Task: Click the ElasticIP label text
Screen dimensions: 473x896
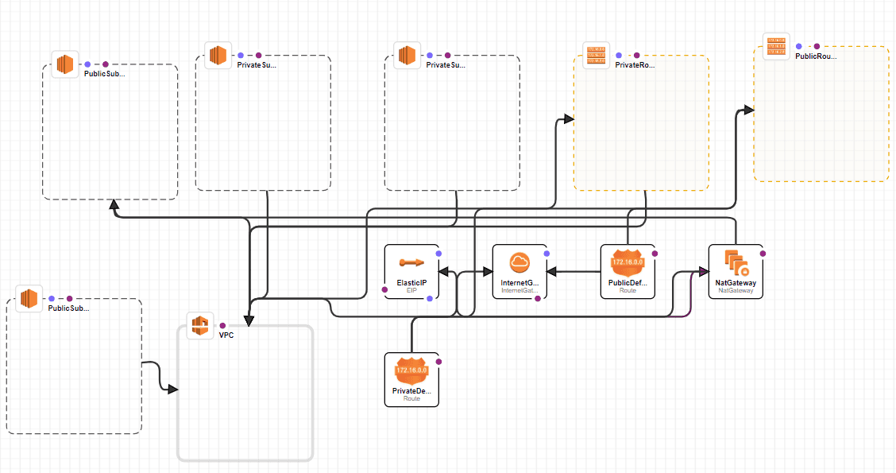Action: pyautogui.click(x=411, y=282)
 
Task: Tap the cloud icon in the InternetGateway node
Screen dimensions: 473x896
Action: pyautogui.click(x=519, y=262)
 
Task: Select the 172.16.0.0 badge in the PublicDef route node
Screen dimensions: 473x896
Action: pyautogui.click(x=628, y=262)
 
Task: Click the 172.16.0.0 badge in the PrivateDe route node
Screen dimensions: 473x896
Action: pyautogui.click(x=411, y=370)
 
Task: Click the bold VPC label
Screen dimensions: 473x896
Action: pyautogui.click(x=227, y=335)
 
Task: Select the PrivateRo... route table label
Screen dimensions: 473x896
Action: pyautogui.click(x=635, y=65)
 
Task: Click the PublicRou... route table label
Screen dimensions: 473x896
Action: pyautogui.click(x=815, y=56)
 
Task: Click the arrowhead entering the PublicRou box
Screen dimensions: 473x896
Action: pyautogui.click(x=748, y=110)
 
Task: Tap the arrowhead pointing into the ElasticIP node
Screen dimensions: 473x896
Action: pyautogui.click(x=444, y=272)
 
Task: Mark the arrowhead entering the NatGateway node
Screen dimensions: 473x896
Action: pyautogui.click(x=703, y=272)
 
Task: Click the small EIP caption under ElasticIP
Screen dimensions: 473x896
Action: pyautogui.click(x=411, y=292)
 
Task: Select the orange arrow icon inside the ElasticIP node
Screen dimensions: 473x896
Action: pyautogui.click(x=411, y=262)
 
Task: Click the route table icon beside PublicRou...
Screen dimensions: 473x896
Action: pyautogui.click(x=775, y=46)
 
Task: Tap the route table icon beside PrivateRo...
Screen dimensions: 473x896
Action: pyautogui.click(x=595, y=56)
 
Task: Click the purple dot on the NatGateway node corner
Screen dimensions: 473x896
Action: pyautogui.click(x=763, y=254)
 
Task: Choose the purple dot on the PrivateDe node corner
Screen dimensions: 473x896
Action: pyautogui.click(x=438, y=362)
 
